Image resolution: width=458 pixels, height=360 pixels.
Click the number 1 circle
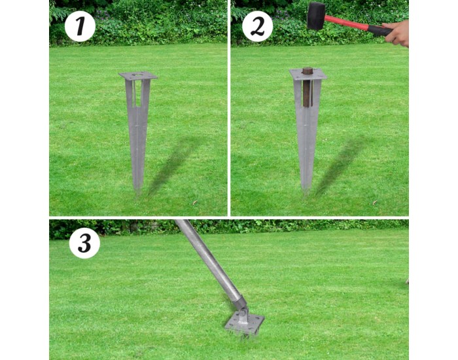click(x=80, y=26)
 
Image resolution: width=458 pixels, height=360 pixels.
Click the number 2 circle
click(x=257, y=26)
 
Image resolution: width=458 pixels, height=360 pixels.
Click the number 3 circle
click(x=84, y=243)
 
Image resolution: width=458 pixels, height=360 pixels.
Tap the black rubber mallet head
click(x=316, y=16)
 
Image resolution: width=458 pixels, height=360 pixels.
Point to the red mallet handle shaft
click(x=346, y=23)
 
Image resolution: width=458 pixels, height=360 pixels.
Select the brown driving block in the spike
click(x=307, y=87)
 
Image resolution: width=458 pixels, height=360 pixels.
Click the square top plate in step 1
click(x=138, y=76)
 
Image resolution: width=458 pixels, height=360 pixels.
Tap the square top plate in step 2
click(x=308, y=74)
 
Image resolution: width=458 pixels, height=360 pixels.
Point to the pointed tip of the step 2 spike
click(x=306, y=194)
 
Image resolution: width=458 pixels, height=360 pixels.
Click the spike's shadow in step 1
click(x=173, y=165)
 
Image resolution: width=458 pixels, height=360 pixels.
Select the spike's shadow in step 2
click(x=342, y=164)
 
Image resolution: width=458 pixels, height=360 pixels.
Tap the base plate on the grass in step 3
click(x=245, y=325)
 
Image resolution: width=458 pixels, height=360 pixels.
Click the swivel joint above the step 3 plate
click(x=242, y=311)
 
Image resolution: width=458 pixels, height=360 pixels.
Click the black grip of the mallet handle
click(x=379, y=31)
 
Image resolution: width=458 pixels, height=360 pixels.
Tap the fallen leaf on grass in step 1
click(x=194, y=202)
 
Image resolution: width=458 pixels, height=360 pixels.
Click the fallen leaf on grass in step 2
click(x=374, y=202)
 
